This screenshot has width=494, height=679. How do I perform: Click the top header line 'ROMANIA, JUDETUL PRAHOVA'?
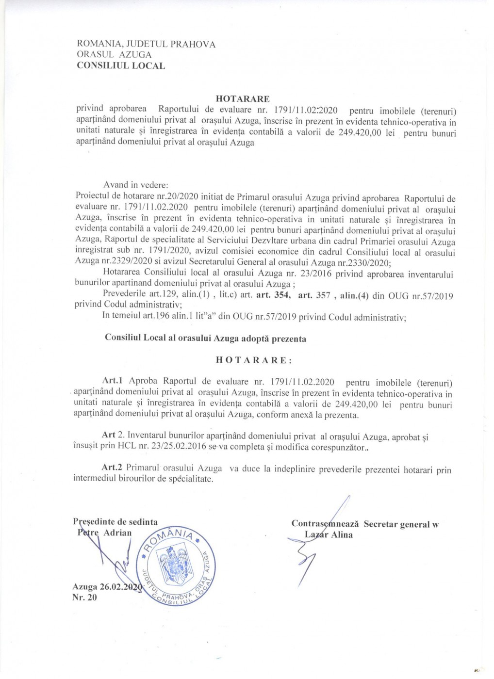coord(146,44)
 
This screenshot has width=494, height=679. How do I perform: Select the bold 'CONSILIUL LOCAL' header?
coord(121,66)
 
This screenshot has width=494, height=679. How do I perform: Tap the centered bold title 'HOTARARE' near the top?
coord(243,99)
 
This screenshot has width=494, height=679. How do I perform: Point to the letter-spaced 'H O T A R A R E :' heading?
coord(254,360)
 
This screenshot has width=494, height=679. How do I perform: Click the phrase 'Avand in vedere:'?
coord(136,185)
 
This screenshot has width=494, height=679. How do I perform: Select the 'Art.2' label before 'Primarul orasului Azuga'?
coord(113,468)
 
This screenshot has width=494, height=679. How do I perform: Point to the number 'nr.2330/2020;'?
coord(364,263)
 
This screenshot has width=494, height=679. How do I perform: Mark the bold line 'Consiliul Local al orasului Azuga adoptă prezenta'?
coord(205,339)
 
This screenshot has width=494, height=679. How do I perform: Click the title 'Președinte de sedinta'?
coord(115,522)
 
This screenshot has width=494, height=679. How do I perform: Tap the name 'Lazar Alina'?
coord(329,535)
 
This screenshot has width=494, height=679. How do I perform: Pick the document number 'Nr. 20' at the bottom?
coord(84,598)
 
